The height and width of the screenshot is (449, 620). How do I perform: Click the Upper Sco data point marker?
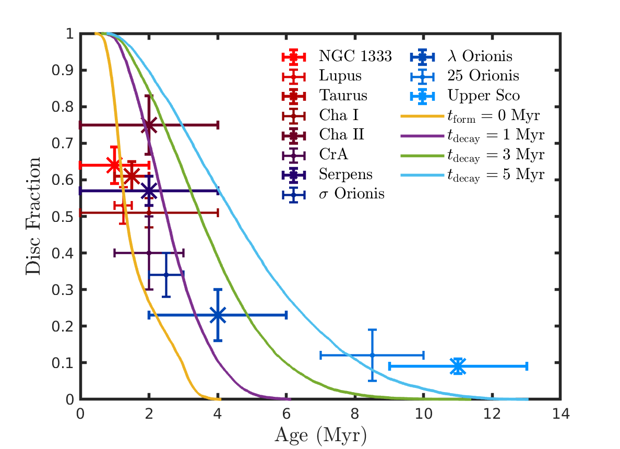458,366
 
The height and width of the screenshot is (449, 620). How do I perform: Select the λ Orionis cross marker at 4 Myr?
218,315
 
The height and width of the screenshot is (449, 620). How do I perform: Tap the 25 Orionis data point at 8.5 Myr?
372,355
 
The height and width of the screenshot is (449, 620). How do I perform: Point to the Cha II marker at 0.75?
149,125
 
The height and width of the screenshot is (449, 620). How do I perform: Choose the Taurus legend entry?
343,96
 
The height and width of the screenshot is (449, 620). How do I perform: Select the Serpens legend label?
345,174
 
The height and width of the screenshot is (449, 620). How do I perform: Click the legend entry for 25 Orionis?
483,76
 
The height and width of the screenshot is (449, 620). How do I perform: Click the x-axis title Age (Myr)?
319,435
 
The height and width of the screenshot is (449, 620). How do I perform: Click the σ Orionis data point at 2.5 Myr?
166,275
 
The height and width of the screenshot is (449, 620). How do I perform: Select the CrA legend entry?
333,155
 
